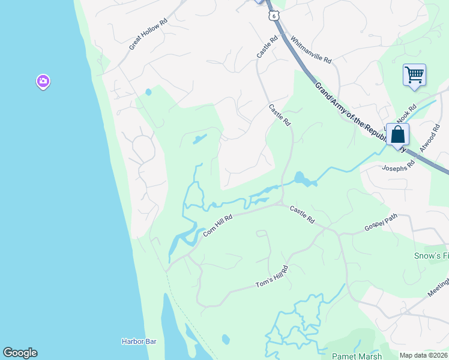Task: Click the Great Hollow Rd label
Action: (148, 37)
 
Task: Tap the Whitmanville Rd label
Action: (311, 51)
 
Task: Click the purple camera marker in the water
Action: (43, 81)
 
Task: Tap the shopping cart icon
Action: (414, 76)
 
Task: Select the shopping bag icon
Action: (397, 135)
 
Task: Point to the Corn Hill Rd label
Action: (217, 226)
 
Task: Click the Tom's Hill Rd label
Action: (272, 277)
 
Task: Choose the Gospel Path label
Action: (381, 225)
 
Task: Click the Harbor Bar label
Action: (139, 341)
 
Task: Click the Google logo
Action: (20, 353)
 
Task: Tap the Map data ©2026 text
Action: (423, 355)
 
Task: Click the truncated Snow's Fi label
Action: (431, 256)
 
